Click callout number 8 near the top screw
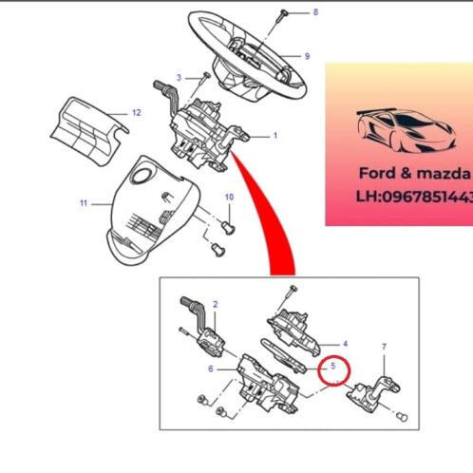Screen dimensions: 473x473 pos(315,12)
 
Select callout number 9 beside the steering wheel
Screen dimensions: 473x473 pos(307,56)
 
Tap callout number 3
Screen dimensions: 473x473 pos(179,78)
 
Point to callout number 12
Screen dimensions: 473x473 pos(137,113)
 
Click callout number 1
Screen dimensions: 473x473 pos(275,136)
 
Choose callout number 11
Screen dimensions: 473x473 pos(84,203)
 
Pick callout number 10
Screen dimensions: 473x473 pos(229,198)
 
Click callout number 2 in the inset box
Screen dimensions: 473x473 pos(216,305)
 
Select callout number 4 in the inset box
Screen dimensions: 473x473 pos(345,344)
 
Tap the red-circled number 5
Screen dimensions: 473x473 pos(333,366)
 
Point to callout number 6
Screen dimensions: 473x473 pos(211,369)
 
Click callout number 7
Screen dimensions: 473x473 pos(384,347)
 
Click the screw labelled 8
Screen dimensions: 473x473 pos(281,16)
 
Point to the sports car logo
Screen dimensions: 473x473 pos(407,130)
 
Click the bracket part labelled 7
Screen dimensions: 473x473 pos(373,394)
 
